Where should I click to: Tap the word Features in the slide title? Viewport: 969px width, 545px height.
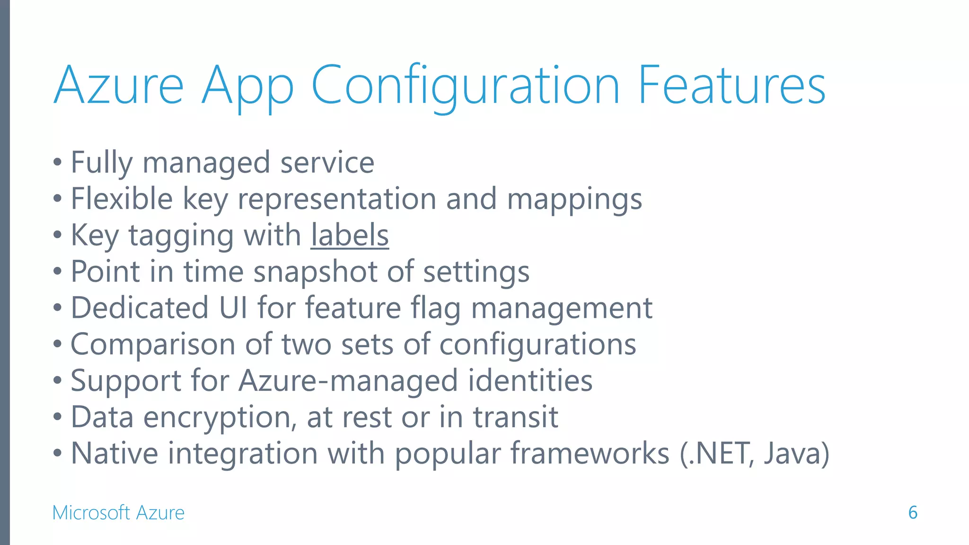[x=731, y=86]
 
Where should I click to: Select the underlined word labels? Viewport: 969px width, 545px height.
[x=350, y=235]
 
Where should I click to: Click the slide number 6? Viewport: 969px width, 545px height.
[x=913, y=512]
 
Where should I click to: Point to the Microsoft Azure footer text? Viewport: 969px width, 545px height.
[x=118, y=512]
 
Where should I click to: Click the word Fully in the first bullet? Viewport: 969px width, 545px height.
[x=101, y=163]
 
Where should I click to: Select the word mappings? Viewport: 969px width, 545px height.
[x=574, y=199]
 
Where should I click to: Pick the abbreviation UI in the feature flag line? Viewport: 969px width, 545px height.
[x=233, y=308]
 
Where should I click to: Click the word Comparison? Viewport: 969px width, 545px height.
[x=153, y=344]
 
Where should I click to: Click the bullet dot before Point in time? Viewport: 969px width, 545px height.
[x=58, y=272]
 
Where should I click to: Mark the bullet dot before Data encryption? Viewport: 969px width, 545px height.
[x=58, y=417]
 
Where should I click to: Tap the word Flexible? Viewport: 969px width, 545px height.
[x=122, y=199]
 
